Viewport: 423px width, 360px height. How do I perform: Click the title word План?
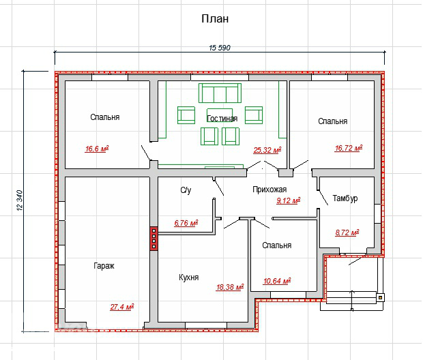pos(215,19)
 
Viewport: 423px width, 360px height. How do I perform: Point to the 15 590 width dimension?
pos(220,48)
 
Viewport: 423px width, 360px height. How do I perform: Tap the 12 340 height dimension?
pos(20,200)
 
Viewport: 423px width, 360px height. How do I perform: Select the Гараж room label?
pos(104,266)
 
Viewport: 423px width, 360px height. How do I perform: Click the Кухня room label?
pos(189,277)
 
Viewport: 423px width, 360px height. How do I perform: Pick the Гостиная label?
pos(222,119)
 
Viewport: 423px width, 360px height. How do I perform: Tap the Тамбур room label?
pos(345,198)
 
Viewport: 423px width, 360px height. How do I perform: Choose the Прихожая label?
pos(269,190)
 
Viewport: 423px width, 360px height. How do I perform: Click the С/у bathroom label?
pos(186,190)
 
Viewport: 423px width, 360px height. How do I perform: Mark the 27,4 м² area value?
pos(122,307)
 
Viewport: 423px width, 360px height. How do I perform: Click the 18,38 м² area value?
pos(230,287)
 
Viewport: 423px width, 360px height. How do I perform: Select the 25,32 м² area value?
pos(267,150)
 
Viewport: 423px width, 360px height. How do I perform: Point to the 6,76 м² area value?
pos(186,223)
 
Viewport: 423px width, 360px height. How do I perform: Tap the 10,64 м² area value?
pos(277,281)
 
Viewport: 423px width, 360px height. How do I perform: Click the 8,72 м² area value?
pos(347,232)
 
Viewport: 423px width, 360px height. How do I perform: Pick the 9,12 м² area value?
pos(289,200)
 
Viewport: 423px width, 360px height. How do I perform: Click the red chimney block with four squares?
pos(154,239)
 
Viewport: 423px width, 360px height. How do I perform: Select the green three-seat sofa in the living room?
pos(220,93)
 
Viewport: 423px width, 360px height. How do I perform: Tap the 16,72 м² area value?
pos(349,148)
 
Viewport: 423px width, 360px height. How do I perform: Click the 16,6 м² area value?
pos(97,149)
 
